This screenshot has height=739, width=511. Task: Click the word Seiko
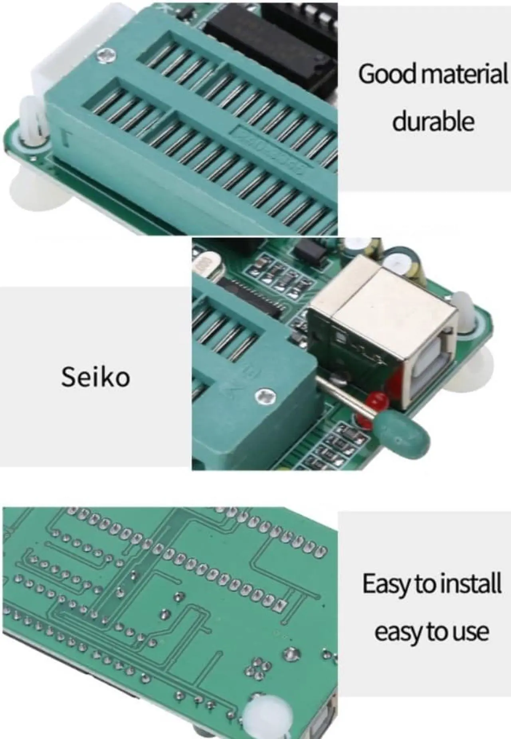[95, 377]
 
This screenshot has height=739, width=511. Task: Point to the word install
[467, 584]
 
